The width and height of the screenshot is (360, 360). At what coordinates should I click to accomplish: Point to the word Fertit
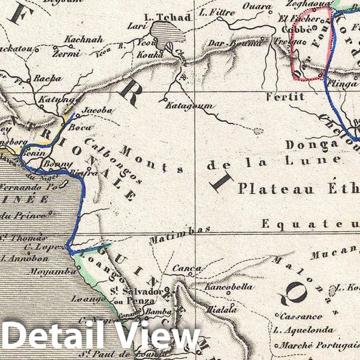tap(286, 96)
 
